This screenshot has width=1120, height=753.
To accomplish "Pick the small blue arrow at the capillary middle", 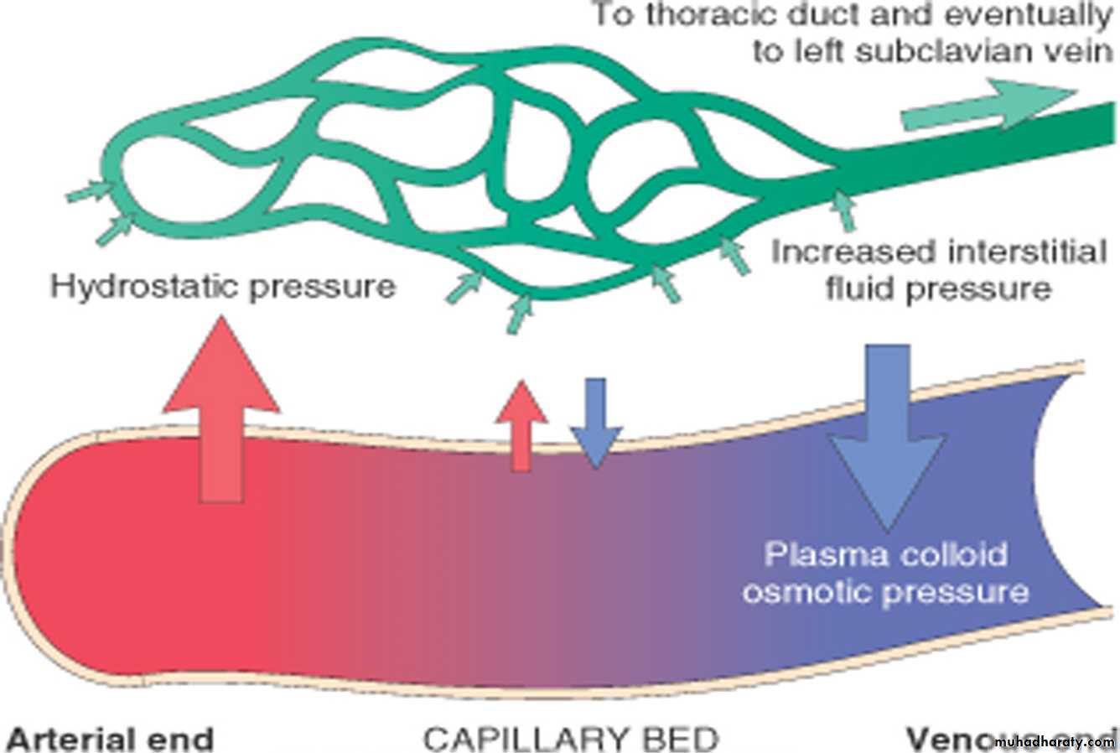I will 594,423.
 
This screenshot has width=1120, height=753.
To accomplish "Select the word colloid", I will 942,555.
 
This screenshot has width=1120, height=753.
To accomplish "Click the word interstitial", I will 1023,252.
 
